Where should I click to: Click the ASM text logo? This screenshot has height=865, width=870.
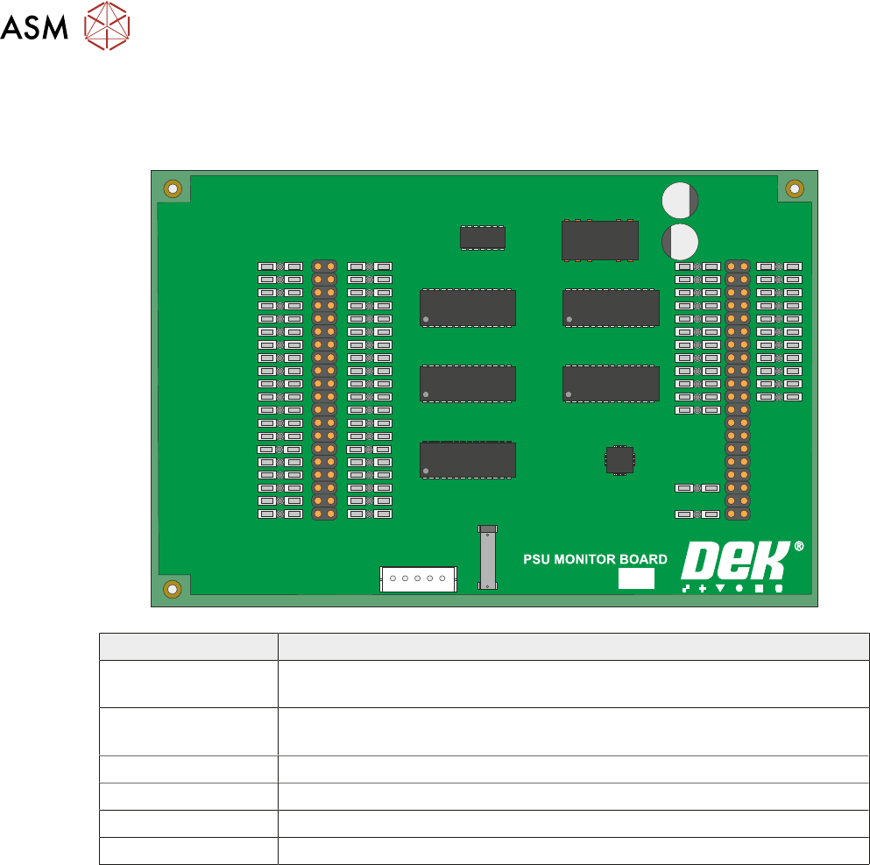click(x=34, y=28)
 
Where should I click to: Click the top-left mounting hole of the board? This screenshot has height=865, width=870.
click(x=173, y=188)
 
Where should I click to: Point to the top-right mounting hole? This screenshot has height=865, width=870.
click(x=795, y=188)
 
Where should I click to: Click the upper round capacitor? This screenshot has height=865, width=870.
click(x=681, y=201)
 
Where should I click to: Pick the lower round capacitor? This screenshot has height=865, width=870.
click(x=679, y=241)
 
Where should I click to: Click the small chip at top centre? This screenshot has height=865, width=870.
click(x=483, y=237)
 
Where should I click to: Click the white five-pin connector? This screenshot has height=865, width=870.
click(x=418, y=579)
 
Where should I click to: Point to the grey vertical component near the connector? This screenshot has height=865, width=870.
click(x=487, y=557)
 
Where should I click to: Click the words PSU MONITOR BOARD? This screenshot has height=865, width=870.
click(x=595, y=559)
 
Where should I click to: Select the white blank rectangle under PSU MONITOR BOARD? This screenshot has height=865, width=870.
click(x=637, y=578)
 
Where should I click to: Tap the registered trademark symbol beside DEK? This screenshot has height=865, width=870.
click(x=798, y=546)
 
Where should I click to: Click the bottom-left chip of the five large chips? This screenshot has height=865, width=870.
click(x=468, y=460)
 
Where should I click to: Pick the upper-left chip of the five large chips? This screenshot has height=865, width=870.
click(x=468, y=308)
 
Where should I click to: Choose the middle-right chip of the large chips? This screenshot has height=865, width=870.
click(x=611, y=384)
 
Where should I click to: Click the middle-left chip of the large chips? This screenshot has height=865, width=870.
click(x=468, y=384)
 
